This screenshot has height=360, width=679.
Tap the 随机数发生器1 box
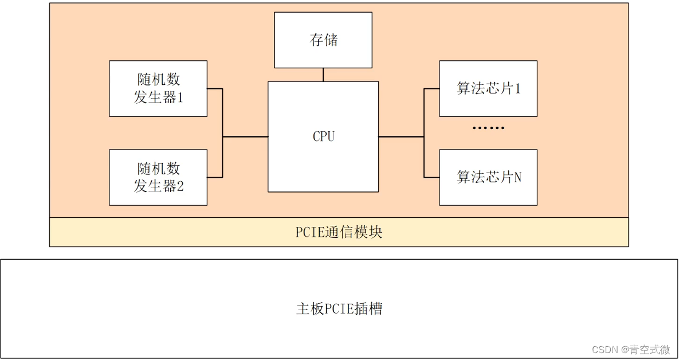point(158,88)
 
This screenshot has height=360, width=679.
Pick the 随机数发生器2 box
point(158,177)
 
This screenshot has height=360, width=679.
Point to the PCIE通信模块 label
point(339,232)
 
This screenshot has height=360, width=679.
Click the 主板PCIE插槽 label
point(339,309)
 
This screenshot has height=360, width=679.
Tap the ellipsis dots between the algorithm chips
point(488,128)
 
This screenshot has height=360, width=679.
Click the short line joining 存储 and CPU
point(323,75)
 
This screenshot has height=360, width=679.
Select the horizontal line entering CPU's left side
point(245,137)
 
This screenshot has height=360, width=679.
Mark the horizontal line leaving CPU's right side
point(401,137)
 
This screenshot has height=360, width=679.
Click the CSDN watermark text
point(631,350)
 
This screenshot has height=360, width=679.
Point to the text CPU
point(323,136)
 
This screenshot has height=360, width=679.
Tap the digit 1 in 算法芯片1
point(517,89)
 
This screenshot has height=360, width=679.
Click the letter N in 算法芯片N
point(517,178)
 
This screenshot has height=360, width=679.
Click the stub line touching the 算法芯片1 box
point(431,89)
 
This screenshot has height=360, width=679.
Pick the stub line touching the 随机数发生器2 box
point(215,177)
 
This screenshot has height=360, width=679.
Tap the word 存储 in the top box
point(324,40)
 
